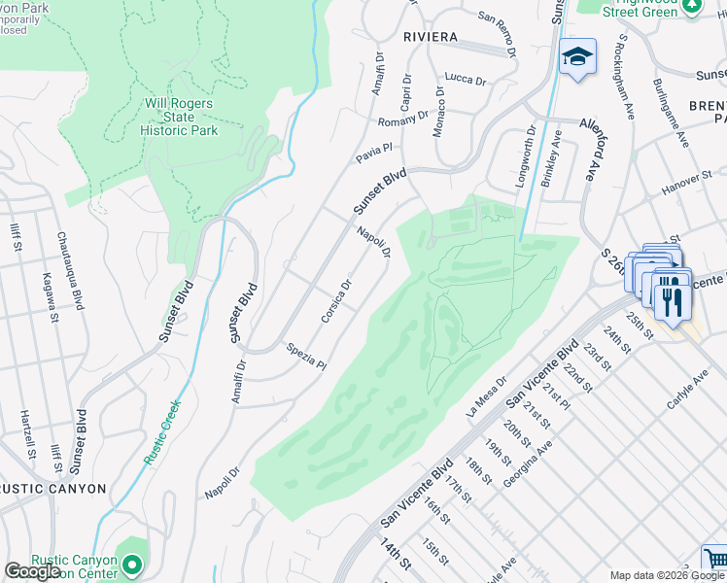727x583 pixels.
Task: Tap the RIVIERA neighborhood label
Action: click(431, 37)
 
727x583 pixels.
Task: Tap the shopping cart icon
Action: click(715, 560)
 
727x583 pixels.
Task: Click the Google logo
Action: click(32, 571)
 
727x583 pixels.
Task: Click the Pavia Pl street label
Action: click(372, 151)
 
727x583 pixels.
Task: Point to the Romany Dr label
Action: click(402, 119)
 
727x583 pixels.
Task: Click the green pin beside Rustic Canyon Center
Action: click(133, 563)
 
